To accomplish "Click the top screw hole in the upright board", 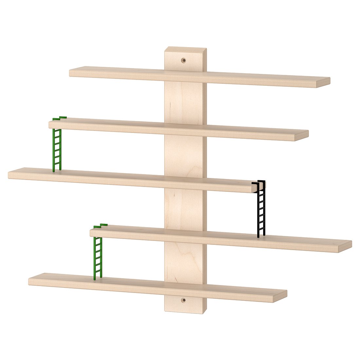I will [184, 60].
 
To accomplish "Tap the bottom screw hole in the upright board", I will [184, 299].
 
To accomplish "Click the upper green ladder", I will [57, 149].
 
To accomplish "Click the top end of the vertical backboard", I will [186, 50].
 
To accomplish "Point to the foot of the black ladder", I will [261, 235].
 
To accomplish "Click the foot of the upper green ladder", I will [57, 170].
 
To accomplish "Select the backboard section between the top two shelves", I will [185, 101].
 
